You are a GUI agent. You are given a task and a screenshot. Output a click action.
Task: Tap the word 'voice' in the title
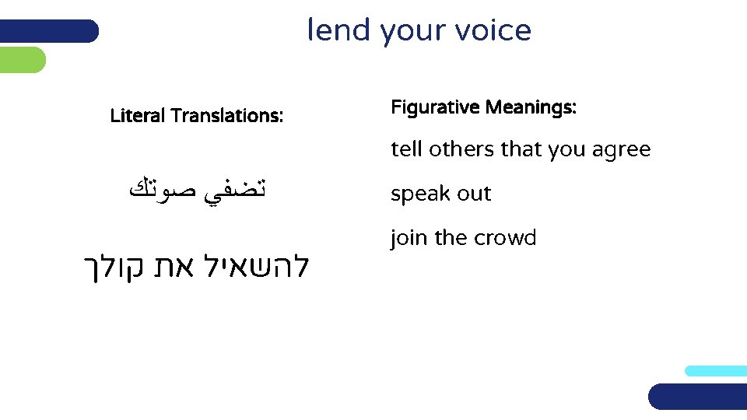click(x=494, y=30)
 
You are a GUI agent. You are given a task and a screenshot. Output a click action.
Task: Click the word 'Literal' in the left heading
click(x=138, y=117)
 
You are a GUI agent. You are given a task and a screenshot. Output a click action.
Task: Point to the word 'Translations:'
click(x=226, y=117)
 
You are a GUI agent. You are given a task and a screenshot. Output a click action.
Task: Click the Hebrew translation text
click(x=196, y=267)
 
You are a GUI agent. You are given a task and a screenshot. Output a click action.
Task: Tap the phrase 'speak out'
click(x=440, y=194)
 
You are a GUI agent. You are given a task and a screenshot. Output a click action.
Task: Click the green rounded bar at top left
click(x=23, y=60)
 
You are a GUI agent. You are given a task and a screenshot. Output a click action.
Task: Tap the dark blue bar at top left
click(x=49, y=31)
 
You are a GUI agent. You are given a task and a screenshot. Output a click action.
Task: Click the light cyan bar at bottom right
click(x=716, y=371)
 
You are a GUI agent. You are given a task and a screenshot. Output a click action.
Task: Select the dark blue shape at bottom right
click(x=697, y=397)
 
